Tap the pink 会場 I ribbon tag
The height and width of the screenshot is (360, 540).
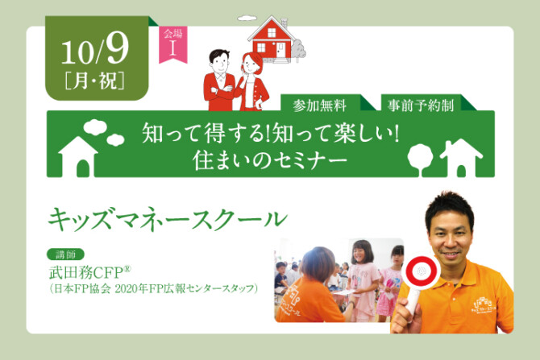coord(173,44)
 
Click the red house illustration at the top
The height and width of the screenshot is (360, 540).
coord(273,39)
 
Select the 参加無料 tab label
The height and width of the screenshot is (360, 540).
coord(320,106)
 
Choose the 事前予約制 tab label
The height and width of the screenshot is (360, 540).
coord(421,106)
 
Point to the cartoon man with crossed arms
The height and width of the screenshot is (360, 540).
coord(219,81)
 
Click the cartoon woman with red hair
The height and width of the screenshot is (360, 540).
coord(251,82)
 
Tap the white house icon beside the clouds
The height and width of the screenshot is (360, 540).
coord(78,157)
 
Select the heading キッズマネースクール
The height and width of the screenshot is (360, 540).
coord(168,219)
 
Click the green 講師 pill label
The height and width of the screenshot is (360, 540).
coord(65,254)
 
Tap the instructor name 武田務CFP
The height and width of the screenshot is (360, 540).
coord(90,273)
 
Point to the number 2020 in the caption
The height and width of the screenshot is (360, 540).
coord(126,288)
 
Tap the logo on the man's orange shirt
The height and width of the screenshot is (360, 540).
coord(484,306)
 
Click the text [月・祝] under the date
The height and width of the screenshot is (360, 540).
coord(94,81)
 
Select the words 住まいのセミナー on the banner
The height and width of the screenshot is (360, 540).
coord(269,161)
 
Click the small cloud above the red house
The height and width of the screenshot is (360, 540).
coord(247,18)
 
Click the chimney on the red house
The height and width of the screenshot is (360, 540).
coord(285,23)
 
